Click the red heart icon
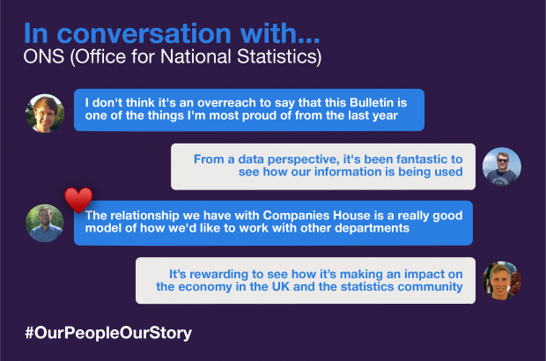point(78,200)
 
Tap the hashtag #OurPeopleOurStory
point(108,333)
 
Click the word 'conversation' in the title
point(144,33)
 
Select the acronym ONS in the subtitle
point(44,56)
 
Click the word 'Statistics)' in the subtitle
point(279,56)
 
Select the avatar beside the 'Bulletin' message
point(45,113)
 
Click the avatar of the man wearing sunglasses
point(502,166)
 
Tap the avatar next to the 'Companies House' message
point(45,223)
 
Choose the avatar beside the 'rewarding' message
point(502,280)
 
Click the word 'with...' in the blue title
point(280,33)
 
